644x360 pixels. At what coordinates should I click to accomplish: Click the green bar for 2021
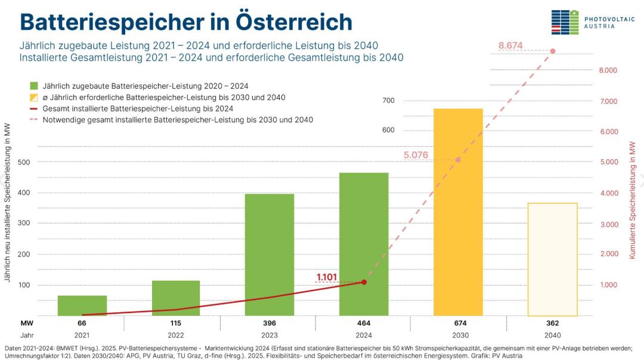82,305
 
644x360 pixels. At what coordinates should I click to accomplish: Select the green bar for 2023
270,255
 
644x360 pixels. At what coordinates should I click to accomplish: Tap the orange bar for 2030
458,212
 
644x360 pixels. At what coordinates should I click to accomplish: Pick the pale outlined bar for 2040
552,259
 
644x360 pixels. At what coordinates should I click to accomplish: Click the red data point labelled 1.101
364,282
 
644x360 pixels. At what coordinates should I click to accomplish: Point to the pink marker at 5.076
458,160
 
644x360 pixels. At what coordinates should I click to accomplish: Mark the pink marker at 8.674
553,51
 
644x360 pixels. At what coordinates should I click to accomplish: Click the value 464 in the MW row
364,323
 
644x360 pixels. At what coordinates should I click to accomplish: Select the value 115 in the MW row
176,323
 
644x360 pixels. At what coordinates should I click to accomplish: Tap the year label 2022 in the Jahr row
176,335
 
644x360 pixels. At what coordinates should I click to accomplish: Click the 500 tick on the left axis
26,162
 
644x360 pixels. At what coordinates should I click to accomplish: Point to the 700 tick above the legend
388,101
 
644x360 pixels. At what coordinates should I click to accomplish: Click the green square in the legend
33,86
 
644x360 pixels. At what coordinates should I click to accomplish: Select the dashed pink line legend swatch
33,120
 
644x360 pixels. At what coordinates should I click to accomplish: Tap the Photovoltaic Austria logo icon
564,23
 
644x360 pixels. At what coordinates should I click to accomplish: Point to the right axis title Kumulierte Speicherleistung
632,200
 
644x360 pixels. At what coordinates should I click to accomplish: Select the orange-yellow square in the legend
33,97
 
